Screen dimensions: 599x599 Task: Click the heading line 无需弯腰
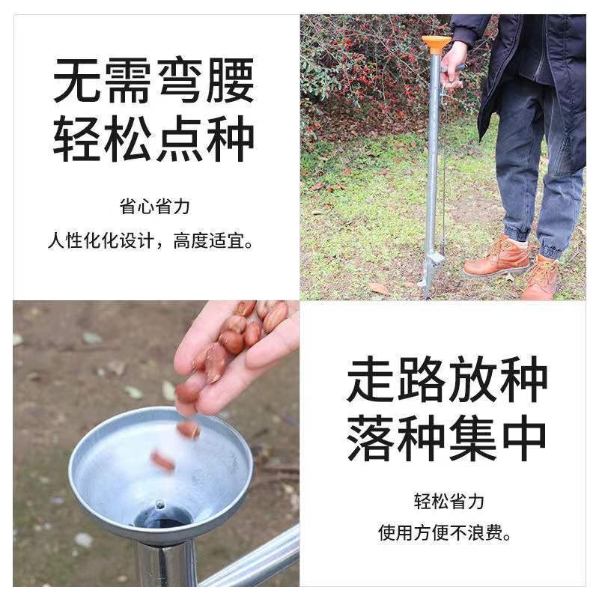pos(153,80)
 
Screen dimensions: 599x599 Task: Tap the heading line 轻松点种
pos(153,139)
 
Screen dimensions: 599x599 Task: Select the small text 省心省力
pos(154,207)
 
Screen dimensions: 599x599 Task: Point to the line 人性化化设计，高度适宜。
pos(150,240)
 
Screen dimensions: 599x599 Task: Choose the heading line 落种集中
pos(446,437)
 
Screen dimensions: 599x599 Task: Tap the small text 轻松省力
pos(449,501)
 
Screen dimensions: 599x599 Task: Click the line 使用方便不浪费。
pos(445,532)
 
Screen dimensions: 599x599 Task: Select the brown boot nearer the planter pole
pos(496,257)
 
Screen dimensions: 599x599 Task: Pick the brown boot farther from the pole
pos(541,278)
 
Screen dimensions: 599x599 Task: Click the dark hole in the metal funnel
pos(163,517)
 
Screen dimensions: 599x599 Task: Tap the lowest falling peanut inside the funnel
pos(162,460)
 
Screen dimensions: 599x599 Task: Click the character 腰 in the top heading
pos(231,80)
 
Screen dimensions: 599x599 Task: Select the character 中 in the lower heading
pos(523,437)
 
